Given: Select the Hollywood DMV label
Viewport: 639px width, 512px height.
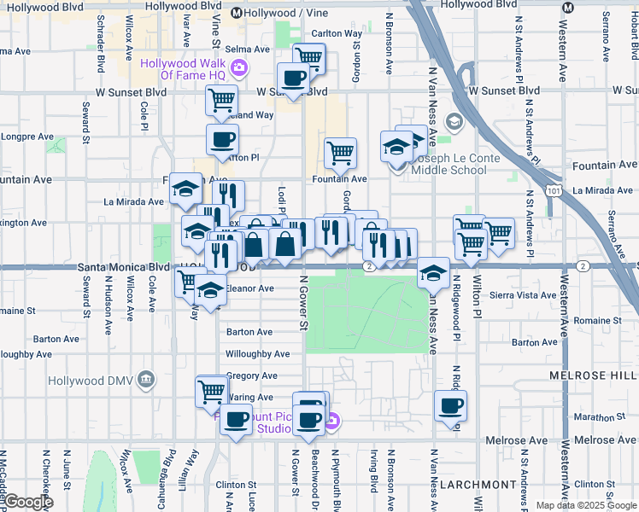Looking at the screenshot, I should point(93,379).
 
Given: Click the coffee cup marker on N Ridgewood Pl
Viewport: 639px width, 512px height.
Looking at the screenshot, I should point(450,406).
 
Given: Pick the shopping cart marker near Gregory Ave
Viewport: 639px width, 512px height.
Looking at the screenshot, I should point(211,392).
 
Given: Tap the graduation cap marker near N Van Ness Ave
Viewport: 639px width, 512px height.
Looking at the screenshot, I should point(434,273).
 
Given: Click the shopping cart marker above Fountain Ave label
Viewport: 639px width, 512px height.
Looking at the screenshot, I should point(340,153).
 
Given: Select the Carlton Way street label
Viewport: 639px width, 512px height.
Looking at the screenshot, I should point(337,33).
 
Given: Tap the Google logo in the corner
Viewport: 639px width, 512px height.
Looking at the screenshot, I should point(27,502).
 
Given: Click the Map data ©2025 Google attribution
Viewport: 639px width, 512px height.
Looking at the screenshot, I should point(586,505).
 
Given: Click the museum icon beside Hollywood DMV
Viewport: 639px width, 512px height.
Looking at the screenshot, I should point(146,378).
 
